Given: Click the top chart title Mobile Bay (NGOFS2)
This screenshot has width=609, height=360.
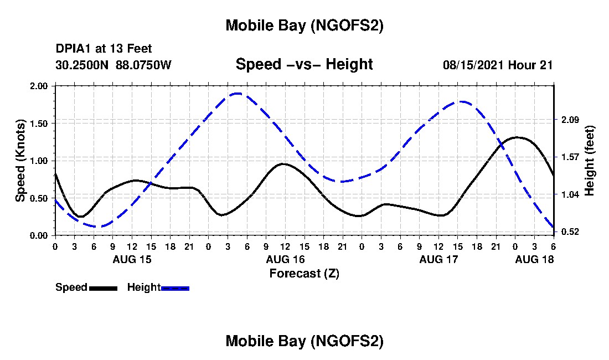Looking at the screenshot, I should click(304, 25).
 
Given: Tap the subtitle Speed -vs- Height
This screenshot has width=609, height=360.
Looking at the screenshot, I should click(304, 64).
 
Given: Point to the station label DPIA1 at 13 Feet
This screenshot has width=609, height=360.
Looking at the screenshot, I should click(104, 49).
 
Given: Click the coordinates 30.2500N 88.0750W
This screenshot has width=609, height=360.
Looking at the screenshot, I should click(113, 65).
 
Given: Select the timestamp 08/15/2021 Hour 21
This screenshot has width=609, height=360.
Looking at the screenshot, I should click(498, 65).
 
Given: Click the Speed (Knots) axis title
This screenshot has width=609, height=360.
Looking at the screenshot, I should click(20, 161).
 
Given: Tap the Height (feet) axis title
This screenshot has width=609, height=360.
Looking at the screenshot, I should click(589, 161).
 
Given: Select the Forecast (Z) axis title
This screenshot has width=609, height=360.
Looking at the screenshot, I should click(304, 273).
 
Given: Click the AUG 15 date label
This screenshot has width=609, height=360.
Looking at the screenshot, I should click(132, 259).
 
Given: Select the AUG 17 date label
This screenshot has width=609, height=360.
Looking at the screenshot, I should click(438, 259).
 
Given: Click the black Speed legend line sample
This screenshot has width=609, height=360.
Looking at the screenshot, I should click(103, 288).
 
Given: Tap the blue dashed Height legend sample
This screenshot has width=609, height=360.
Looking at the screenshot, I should click(175, 288).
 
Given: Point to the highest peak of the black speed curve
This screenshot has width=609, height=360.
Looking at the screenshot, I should click(517, 137).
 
